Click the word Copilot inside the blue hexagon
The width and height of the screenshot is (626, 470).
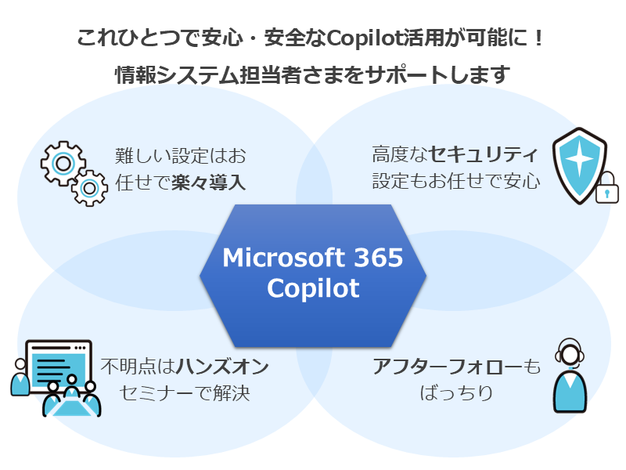[x=313, y=288]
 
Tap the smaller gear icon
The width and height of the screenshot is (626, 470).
[x=89, y=186]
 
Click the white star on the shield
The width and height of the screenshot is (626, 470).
[x=579, y=161]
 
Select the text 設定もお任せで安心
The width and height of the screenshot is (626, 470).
[x=455, y=182]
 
